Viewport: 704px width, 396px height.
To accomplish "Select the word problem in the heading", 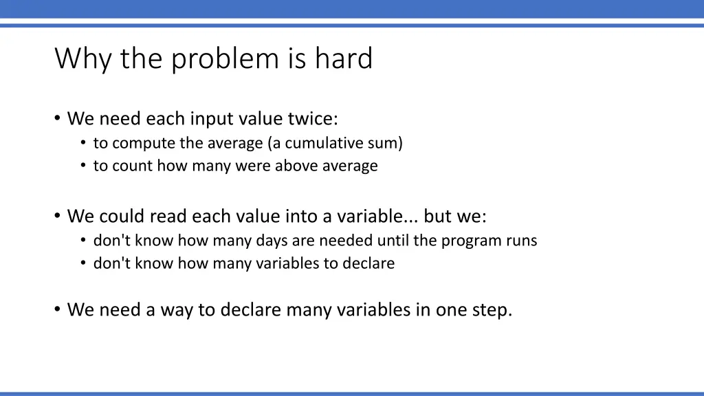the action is click(x=225, y=58).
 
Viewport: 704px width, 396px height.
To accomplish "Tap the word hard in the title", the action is click(x=344, y=58).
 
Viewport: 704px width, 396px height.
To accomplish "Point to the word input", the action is click(x=212, y=119).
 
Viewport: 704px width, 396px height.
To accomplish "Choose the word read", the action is click(x=168, y=216).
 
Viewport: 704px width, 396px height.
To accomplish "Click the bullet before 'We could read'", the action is click(x=57, y=216).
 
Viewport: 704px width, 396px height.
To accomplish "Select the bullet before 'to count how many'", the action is click(x=83, y=166).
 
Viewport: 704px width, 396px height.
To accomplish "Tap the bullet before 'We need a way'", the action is click(x=57, y=309).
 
